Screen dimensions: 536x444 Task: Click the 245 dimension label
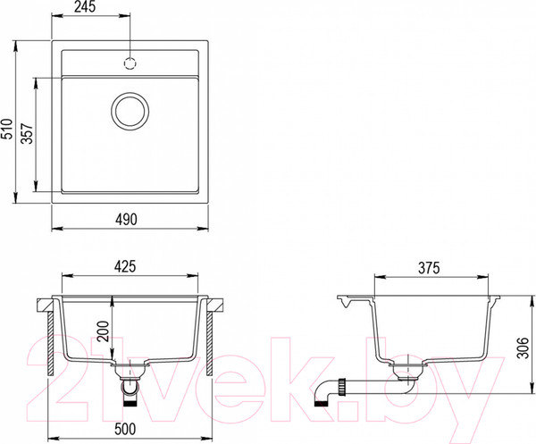[85, 7]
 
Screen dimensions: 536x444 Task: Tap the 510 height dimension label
[7, 129]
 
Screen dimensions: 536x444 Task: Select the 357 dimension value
[28, 134]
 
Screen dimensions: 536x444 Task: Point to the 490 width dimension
[126, 220]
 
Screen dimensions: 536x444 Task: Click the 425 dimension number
[125, 266]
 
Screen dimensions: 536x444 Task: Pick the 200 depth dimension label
[103, 331]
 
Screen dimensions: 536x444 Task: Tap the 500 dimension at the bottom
[125, 429]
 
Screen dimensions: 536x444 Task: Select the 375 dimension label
[429, 268]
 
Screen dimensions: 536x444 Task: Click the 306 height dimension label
[523, 348]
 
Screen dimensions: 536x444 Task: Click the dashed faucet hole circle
[130, 63]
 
